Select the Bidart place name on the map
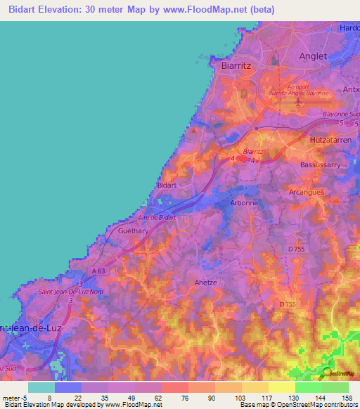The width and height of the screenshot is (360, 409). point(166,185)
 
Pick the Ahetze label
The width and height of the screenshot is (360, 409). point(207,282)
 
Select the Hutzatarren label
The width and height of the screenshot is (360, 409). point(331,141)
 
